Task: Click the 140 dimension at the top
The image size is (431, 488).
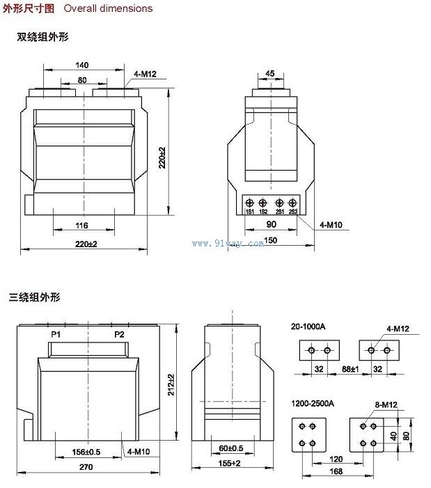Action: (82, 65)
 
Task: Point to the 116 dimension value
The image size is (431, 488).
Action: (82, 225)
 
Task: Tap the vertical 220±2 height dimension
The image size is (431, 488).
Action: (162, 158)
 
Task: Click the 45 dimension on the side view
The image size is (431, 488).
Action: (270, 73)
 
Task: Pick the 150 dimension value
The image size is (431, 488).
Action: (271, 240)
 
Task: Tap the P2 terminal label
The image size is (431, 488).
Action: (119, 335)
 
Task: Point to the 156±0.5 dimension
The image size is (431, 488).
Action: (87, 452)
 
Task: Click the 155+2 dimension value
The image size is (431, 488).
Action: (228, 463)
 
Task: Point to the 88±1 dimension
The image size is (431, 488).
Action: (350, 369)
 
